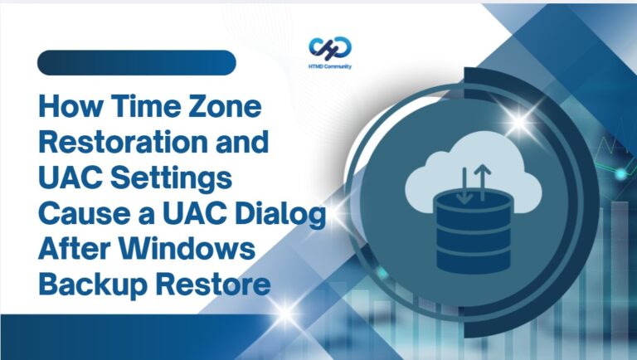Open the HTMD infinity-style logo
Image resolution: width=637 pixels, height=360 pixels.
[x=329, y=46]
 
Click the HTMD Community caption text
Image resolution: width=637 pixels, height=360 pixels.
[x=329, y=66]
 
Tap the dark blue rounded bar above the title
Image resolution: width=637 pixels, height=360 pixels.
[x=136, y=62]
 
